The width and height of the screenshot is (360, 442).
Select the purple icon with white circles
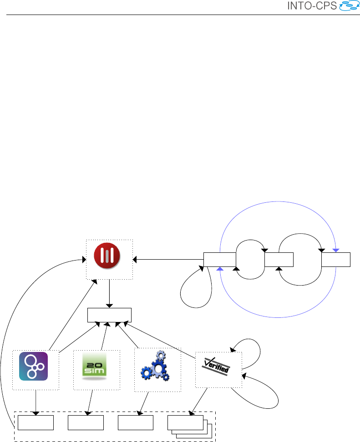coord(34,366)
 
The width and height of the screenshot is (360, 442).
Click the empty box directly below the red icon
coord(109,315)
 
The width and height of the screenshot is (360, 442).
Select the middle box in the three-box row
coord(279,260)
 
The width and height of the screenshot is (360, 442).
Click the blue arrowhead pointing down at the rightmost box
coord(336,251)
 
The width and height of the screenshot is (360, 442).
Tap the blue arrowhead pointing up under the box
coord(220,269)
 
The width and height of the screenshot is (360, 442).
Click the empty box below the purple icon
coord(35,422)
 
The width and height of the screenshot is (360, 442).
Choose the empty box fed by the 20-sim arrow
coord(86,422)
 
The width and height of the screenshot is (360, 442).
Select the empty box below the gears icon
coord(135,422)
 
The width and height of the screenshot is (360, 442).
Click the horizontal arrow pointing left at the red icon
coord(168,260)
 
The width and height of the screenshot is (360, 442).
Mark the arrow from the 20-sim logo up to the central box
coord(104,336)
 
